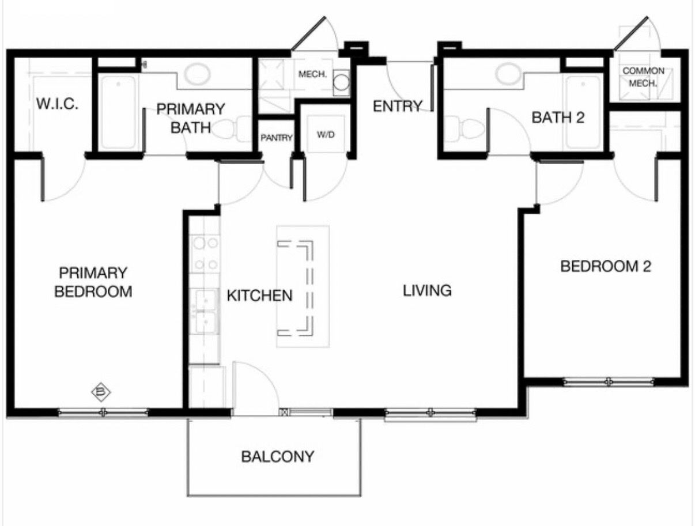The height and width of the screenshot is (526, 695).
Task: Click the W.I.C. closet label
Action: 57,104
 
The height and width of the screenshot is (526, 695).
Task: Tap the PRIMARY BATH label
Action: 191,118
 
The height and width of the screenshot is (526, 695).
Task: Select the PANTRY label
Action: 277,138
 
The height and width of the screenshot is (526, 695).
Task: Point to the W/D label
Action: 326,135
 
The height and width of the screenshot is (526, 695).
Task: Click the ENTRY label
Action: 398,106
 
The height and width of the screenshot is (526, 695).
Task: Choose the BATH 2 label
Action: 558,118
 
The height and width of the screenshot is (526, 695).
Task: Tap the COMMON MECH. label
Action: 643,77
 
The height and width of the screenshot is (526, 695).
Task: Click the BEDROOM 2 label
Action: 606,267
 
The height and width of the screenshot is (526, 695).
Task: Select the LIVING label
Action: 427,290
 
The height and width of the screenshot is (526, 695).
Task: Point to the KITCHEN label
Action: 260,296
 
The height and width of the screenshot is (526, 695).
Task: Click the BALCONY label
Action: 277,457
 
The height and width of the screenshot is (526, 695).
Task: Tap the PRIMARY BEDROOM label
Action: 93,282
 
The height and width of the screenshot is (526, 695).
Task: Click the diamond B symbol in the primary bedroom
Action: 101,392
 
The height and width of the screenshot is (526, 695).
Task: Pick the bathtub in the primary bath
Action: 118,112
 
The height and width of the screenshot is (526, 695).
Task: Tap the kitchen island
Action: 303,286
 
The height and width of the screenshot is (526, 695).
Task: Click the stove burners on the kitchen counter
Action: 206,253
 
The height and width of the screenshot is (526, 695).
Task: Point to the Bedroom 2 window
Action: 609,382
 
